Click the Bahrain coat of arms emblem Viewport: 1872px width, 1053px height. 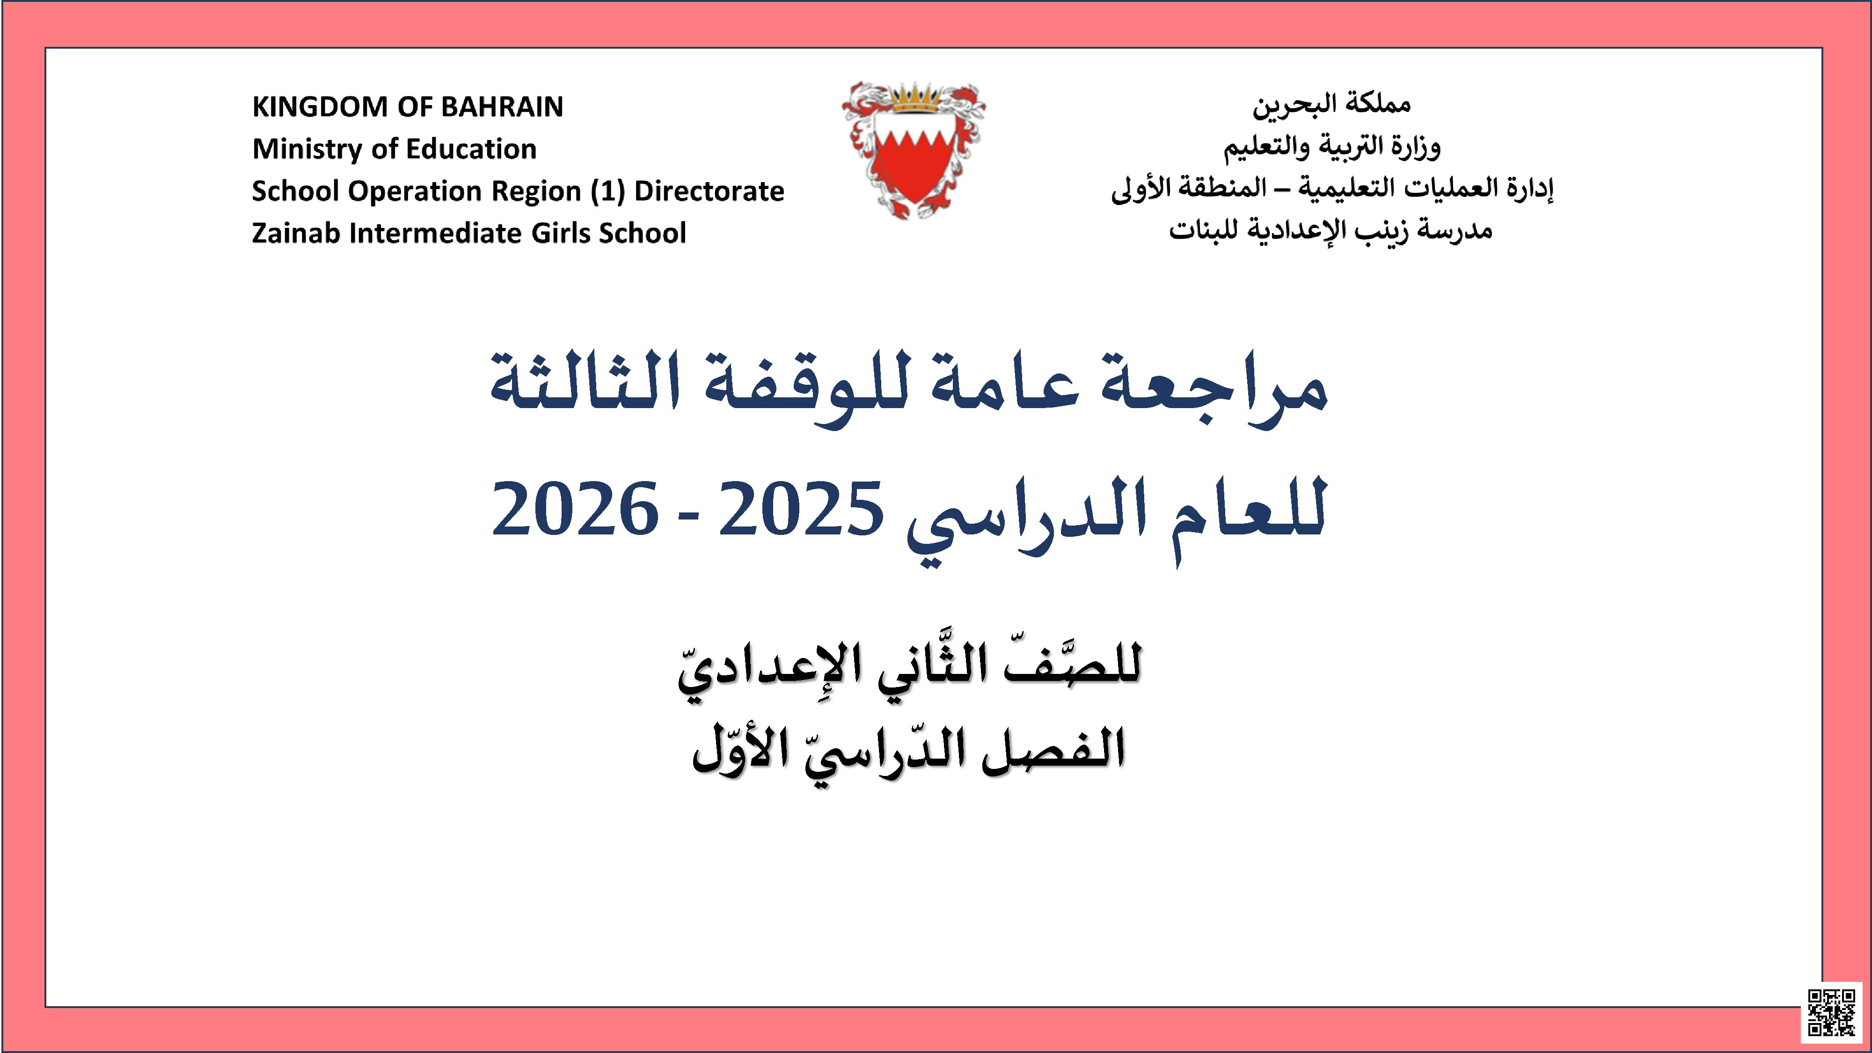[914, 153]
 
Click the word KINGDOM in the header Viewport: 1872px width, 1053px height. [319, 107]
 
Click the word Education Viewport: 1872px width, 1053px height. [471, 149]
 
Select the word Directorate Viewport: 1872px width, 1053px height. [709, 191]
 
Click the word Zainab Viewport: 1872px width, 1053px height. [296, 233]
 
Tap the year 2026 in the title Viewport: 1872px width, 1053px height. [575, 509]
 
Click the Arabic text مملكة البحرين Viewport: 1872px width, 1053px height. [1331, 105]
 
